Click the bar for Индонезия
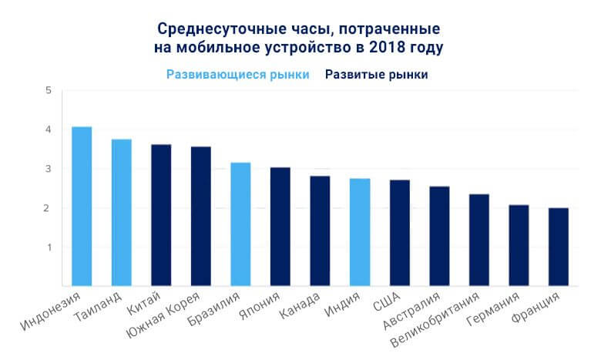(x=82, y=206)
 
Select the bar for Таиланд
(x=122, y=212)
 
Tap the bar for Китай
(x=161, y=215)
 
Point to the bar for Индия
(x=360, y=232)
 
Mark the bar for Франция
(x=559, y=247)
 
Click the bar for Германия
(x=519, y=245)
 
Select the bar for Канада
(x=320, y=230)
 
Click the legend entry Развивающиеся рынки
(x=237, y=75)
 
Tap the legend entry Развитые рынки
(x=376, y=75)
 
